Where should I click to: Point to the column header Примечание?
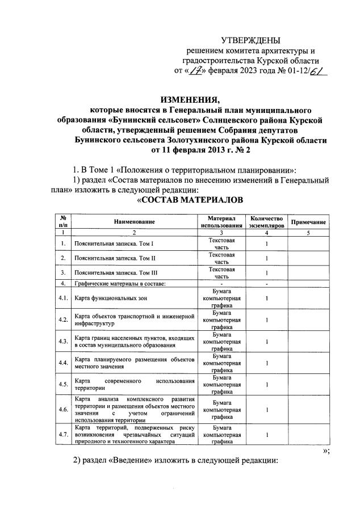point(308,222)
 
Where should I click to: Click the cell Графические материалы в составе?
point(120,283)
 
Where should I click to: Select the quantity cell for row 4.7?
point(266,435)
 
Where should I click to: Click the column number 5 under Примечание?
point(308,233)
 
